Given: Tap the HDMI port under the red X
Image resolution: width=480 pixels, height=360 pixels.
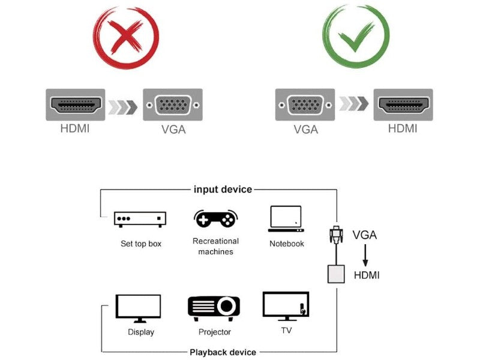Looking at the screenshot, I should click(75, 105).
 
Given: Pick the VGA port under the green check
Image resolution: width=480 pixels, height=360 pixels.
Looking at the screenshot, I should click(305, 105).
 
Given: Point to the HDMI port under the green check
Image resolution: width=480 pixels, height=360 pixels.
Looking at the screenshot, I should click(403, 105).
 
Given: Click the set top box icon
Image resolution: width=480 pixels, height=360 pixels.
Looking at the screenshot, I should click(140, 220).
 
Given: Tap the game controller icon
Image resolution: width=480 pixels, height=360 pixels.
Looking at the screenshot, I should click(215, 219).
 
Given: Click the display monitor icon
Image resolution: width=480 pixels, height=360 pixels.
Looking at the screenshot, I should click(138, 308).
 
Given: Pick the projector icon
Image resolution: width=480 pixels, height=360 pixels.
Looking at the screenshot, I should click(214, 307).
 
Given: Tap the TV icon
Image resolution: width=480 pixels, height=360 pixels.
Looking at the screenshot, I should click(286, 306).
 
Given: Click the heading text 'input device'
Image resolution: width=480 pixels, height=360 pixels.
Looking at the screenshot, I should click(223, 189).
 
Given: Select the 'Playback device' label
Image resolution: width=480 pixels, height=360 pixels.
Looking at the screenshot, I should click(223, 352).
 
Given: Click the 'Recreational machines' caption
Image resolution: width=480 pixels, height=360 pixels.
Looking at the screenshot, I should click(215, 246).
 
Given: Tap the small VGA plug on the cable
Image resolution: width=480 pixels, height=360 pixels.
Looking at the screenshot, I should click(336, 233).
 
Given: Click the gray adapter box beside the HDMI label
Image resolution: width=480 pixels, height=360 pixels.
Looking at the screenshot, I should click(336, 274).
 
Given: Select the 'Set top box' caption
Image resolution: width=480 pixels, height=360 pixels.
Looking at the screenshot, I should click(141, 244).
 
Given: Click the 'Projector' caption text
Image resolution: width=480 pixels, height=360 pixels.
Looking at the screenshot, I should click(215, 332).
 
